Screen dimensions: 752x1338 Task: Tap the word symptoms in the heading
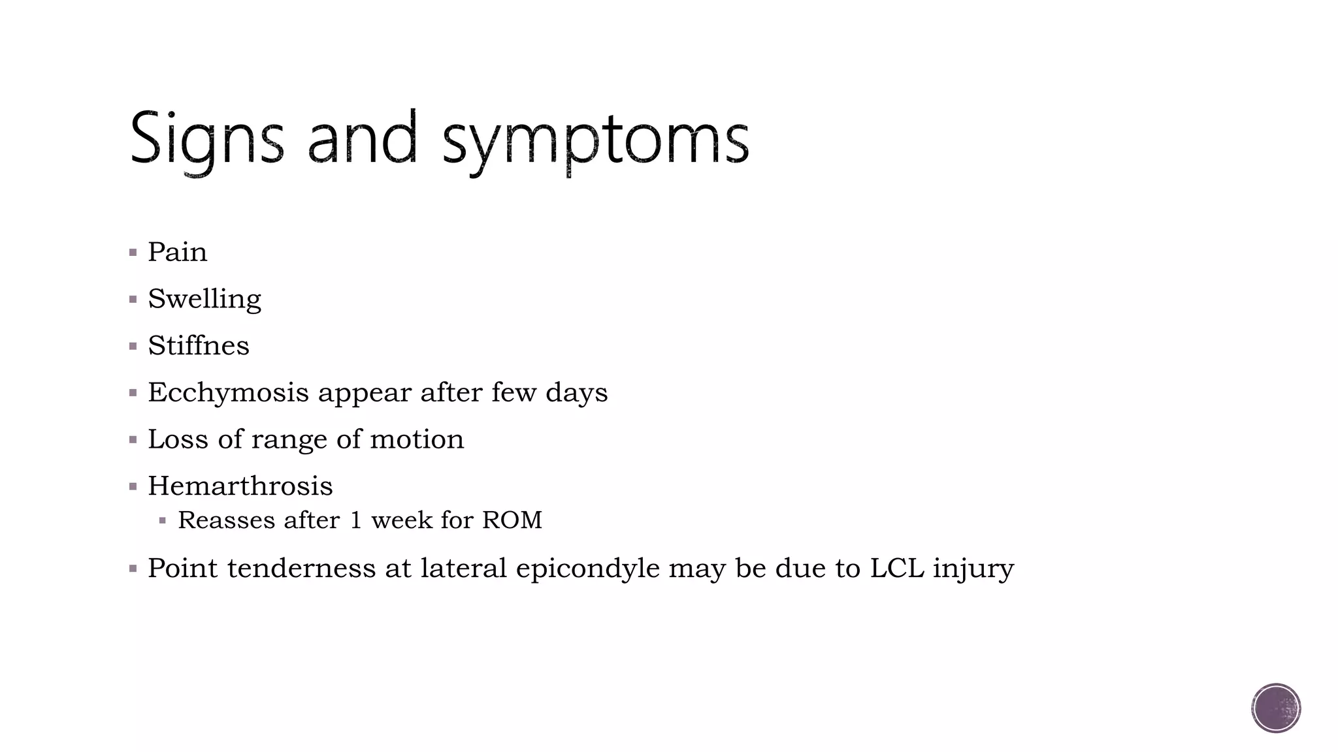(x=595, y=140)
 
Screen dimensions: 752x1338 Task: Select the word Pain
(x=177, y=252)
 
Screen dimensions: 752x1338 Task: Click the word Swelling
(x=204, y=299)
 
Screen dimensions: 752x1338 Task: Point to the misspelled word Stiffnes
(x=199, y=345)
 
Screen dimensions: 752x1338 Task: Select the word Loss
(x=178, y=439)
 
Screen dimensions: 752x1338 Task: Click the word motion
(x=417, y=439)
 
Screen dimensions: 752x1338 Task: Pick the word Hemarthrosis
(x=240, y=486)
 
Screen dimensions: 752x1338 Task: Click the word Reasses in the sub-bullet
(x=226, y=520)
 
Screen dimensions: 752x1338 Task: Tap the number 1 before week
(x=356, y=520)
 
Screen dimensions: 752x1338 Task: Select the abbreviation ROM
(x=512, y=520)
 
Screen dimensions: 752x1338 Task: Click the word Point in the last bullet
(x=183, y=568)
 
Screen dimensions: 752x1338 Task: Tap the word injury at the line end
(x=973, y=568)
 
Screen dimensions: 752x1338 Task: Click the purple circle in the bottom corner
(x=1276, y=708)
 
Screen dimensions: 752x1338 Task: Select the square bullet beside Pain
(x=133, y=253)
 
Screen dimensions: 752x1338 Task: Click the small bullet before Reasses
(x=163, y=521)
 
